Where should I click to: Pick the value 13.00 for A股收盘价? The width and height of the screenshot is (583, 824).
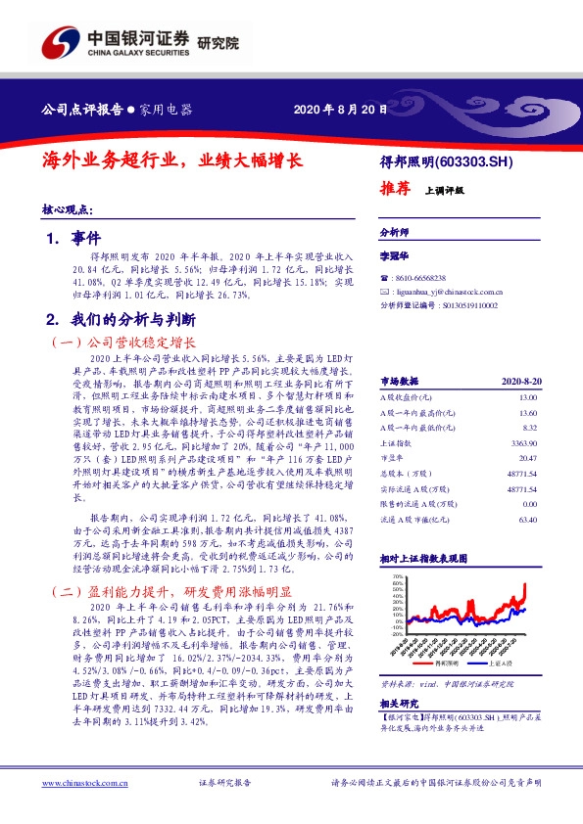click(528, 397)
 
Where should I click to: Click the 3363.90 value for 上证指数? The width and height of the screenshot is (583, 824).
click(525, 443)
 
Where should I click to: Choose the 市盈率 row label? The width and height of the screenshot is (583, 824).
click(392, 458)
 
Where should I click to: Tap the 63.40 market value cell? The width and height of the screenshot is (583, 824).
click(528, 520)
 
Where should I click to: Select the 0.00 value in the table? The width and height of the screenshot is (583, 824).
click(530, 504)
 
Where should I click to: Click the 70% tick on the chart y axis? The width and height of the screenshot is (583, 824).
click(396, 577)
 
